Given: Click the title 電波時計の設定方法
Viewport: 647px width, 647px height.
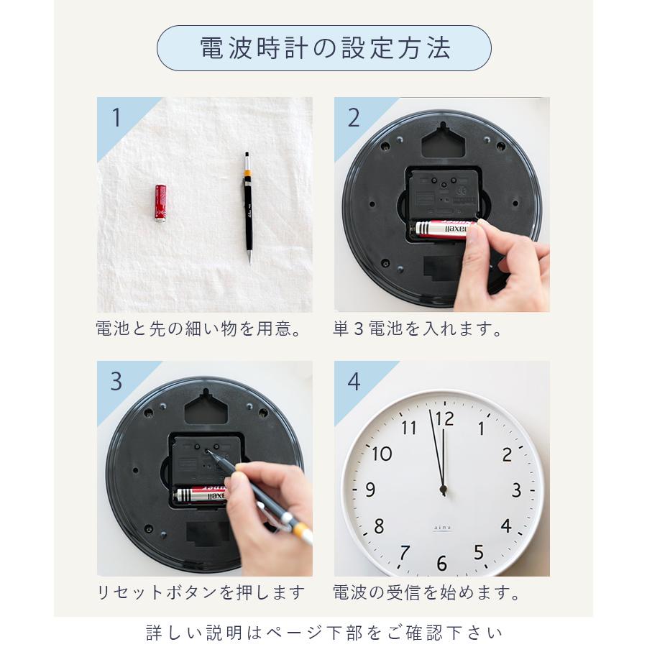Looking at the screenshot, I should [324, 48].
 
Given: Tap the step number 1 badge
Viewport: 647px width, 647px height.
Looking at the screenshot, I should [116, 118].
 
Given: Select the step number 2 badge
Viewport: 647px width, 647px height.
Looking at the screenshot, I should [354, 118].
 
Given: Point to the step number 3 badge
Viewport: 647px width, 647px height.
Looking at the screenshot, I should [116, 382].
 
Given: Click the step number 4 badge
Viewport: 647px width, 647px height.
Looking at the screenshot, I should [354, 382].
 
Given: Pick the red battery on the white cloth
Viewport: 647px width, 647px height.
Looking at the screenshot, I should [160, 203].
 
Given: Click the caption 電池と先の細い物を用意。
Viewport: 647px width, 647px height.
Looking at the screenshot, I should [198, 329].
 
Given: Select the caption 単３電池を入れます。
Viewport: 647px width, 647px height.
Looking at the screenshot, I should [418, 329].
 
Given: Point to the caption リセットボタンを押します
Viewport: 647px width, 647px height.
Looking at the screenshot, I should [201, 593].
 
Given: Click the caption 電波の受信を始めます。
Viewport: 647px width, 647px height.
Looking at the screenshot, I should [427, 593].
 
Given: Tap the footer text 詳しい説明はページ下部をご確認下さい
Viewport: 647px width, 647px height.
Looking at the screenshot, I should [324, 633].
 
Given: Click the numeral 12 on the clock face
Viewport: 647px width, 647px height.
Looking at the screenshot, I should [445, 418].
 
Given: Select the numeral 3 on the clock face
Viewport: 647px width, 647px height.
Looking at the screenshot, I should [516, 491].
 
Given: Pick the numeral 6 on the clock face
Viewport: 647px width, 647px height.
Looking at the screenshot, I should [441, 563].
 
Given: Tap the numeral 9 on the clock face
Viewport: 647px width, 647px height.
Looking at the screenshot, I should [370, 490].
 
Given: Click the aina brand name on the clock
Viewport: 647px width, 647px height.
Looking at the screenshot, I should [442, 527].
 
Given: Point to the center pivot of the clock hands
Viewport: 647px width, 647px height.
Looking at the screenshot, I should [443, 490].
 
